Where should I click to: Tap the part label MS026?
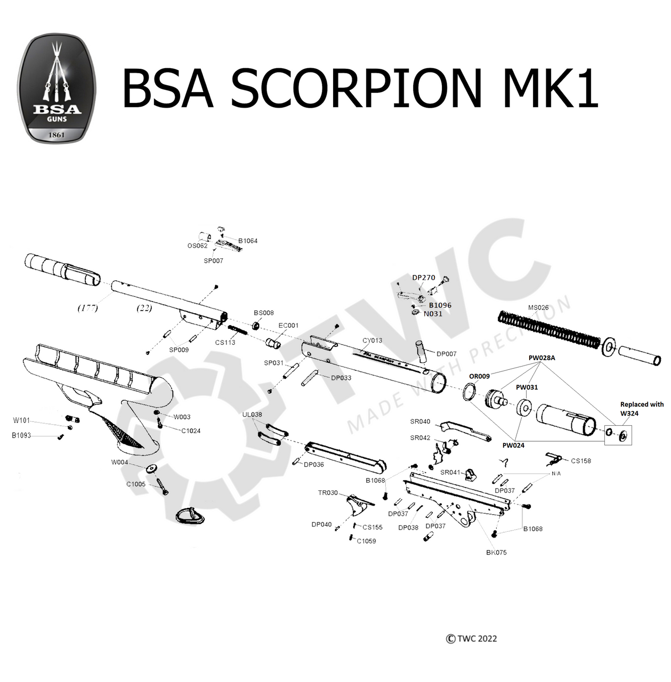538,307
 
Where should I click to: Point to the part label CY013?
372,340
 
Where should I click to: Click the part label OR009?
479,376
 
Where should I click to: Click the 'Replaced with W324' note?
642,409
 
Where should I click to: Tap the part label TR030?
328,493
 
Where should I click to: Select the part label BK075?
496,553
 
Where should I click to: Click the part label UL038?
252,415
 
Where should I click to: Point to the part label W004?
119,462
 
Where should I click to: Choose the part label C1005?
135,484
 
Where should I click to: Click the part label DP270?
424,278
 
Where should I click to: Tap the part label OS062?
197,246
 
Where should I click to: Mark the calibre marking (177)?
87,308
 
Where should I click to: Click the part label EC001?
288,326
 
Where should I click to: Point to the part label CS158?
580,461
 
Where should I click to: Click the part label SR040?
420,421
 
